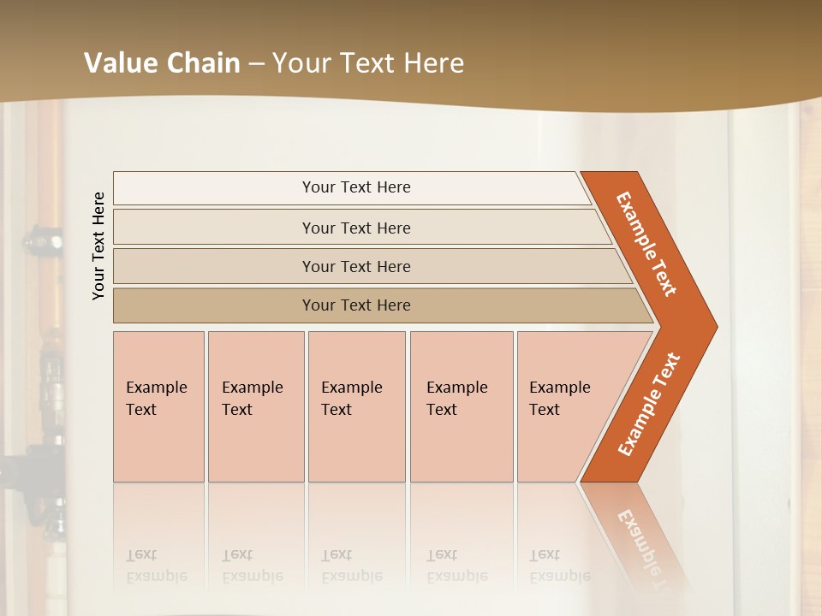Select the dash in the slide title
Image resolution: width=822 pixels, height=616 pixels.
(x=256, y=64)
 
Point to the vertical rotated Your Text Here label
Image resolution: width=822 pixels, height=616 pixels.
(x=98, y=246)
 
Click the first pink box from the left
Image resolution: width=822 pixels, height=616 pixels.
(x=158, y=406)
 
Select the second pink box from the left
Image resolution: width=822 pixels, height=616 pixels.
(x=256, y=406)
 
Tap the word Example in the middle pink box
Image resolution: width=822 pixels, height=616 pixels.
(x=351, y=388)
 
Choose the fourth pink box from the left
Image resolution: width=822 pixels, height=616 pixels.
(x=462, y=406)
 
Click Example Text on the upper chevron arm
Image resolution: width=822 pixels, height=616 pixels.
(x=646, y=244)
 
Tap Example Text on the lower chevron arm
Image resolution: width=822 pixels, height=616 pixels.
(x=648, y=405)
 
